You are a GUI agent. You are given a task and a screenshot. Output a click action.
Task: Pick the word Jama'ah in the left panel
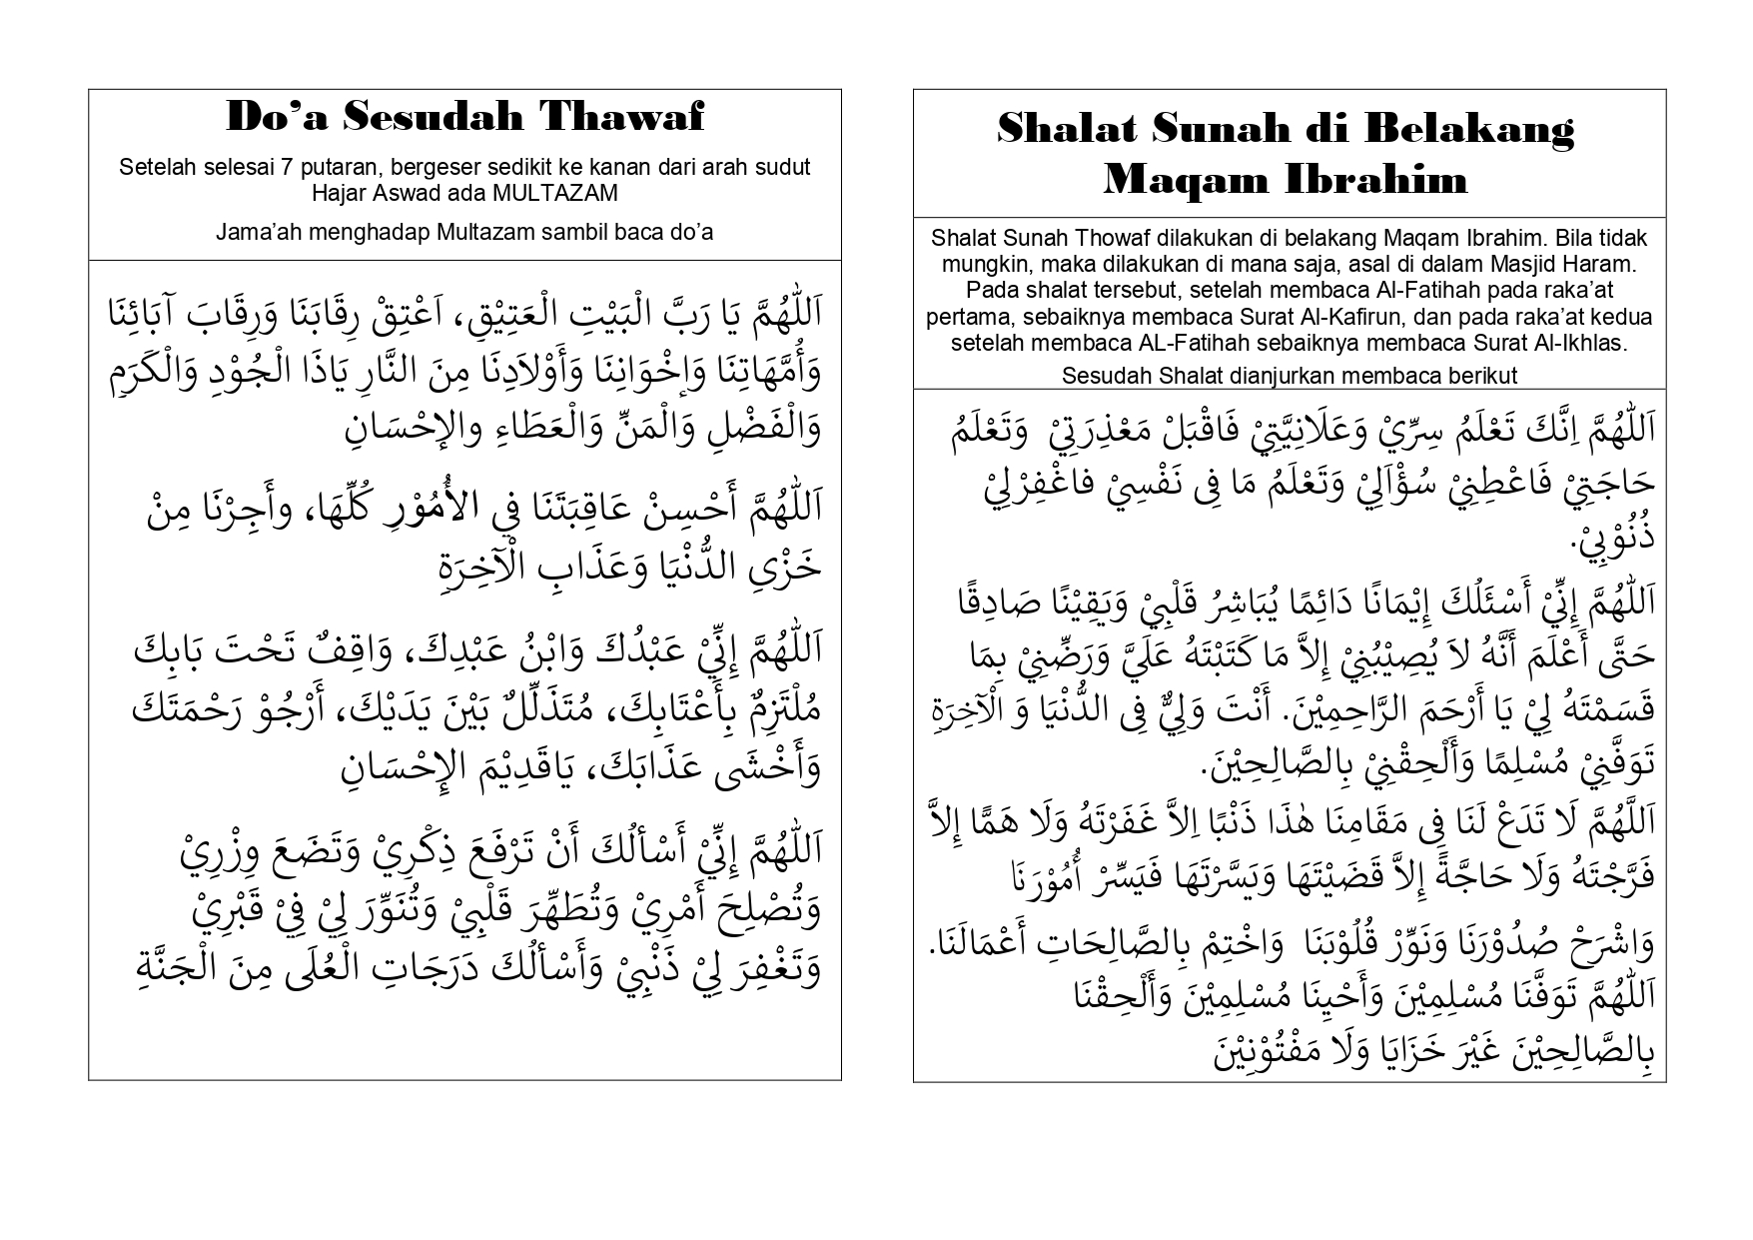point(255,233)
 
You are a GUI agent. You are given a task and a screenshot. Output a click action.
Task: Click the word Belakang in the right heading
point(1461,128)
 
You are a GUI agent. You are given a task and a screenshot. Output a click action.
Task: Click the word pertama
point(963,317)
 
